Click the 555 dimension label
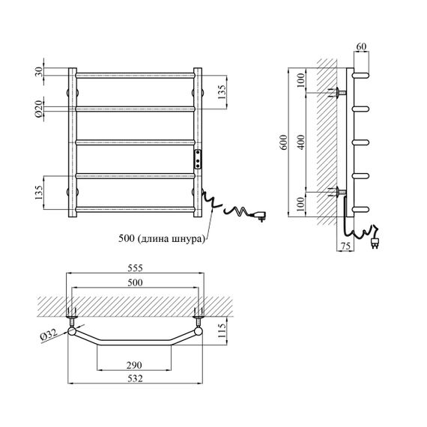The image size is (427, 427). (x=135, y=268)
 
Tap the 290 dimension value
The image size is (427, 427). (x=134, y=365)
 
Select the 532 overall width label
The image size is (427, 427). (x=135, y=378)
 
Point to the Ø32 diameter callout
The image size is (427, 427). (x=48, y=334)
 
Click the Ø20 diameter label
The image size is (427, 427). (x=39, y=109)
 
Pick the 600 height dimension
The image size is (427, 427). (x=283, y=142)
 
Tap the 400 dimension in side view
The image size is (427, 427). (x=301, y=142)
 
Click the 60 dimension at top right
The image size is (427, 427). (x=361, y=46)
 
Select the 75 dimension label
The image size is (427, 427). (x=345, y=246)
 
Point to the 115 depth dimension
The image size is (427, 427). (x=222, y=330)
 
